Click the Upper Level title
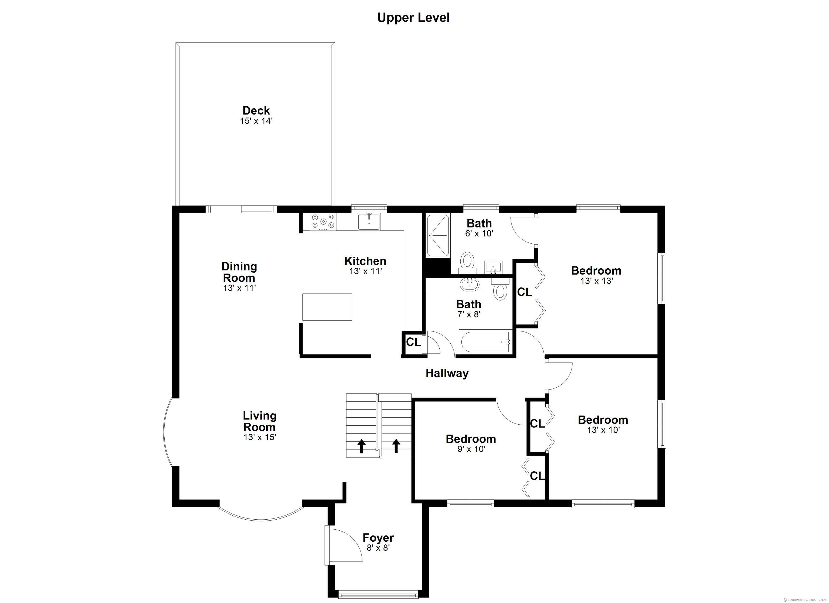point(413,18)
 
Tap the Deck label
point(256,110)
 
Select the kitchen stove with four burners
point(323,222)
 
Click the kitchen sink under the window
point(369,222)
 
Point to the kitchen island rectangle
point(327,307)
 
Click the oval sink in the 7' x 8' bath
point(470,284)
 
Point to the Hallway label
point(447,373)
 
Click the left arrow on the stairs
point(362,446)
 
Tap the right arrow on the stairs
point(396,446)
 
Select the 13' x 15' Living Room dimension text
point(260,437)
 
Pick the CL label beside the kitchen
point(413,342)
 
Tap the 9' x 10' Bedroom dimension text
point(471,449)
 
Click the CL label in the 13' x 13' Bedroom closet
point(525,292)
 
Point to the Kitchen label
point(365,261)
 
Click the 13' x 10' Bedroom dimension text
point(603,430)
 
